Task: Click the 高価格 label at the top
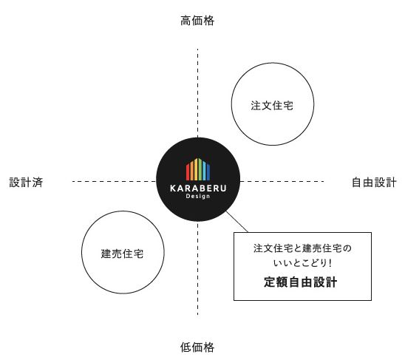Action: pyautogui.click(x=197, y=21)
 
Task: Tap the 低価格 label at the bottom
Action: pyautogui.click(x=197, y=347)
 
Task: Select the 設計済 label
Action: pyautogui.click(x=26, y=182)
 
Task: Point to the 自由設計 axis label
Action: pyautogui.click(x=374, y=182)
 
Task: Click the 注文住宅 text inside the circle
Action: pyautogui.click(x=272, y=106)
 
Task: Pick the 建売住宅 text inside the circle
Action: pyautogui.click(x=122, y=254)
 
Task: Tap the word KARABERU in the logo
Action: pyautogui.click(x=198, y=189)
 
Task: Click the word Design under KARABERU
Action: pyautogui.click(x=198, y=197)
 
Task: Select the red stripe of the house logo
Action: pyautogui.click(x=188, y=171)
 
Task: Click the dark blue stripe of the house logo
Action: pyautogui.click(x=208, y=171)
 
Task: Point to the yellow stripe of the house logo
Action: pyautogui.click(x=196, y=169)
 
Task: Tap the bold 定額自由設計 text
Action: pyautogui.click(x=300, y=282)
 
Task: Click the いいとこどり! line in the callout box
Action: pyautogui.click(x=302, y=263)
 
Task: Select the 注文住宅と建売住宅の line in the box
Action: pyautogui.click(x=302, y=248)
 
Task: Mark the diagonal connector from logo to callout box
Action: pyautogui.click(x=236, y=222)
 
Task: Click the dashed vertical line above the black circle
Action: pyautogui.click(x=198, y=93)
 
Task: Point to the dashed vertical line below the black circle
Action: pyautogui.click(x=198, y=269)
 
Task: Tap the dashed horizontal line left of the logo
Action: pyautogui.click(x=114, y=181)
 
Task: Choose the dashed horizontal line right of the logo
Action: pyautogui.click(x=282, y=181)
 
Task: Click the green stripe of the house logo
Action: pyautogui.click(x=200, y=169)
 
